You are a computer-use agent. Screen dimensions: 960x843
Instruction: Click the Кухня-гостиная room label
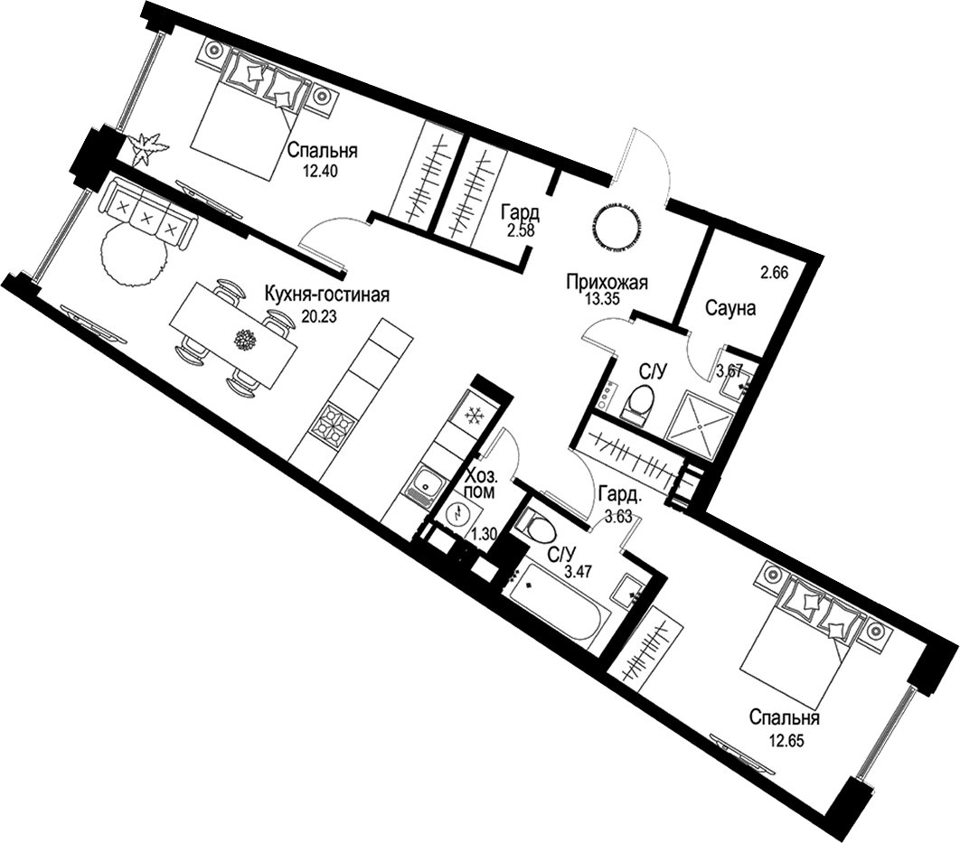point(326,295)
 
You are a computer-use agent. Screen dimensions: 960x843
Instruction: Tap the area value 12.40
point(320,173)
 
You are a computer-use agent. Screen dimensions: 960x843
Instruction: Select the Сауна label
point(730,308)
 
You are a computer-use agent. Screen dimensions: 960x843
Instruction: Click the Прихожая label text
point(607,282)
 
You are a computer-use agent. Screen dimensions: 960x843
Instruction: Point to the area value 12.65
point(785,742)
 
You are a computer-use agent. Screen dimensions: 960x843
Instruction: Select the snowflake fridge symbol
point(474,416)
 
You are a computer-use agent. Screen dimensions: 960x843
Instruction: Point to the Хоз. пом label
point(481,483)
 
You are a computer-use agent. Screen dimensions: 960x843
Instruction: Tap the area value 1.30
point(483,533)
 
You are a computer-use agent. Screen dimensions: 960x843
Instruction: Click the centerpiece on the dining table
point(246,340)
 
